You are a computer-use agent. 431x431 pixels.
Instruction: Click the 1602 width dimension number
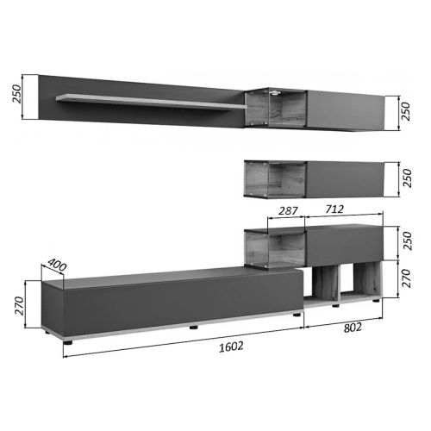(231, 347)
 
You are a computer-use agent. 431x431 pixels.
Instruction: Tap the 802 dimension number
(353, 328)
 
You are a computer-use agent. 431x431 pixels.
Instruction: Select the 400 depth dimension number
(57, 265)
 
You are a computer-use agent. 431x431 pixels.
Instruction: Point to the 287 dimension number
(288, 211)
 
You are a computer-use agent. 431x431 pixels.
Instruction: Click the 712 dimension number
(334, 209)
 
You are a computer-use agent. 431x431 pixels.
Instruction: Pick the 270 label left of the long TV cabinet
(19, 305)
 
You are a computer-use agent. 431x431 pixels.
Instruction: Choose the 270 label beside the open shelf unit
(406, 278)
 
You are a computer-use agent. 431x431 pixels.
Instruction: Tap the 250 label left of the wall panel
(16, 94)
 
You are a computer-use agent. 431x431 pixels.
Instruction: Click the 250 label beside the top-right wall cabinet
(405, 111)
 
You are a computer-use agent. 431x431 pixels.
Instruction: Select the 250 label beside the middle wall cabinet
(407, 178)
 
